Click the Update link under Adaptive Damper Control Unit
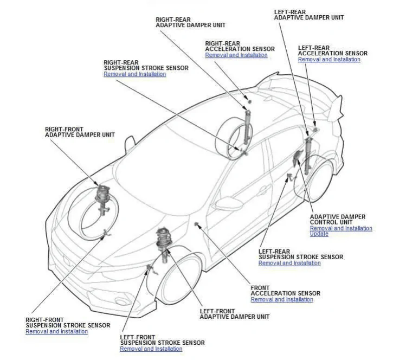click(x=319, y=234)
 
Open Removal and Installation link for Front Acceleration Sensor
click(x=281, y=300)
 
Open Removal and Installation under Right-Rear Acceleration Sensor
click(x=236, y=55)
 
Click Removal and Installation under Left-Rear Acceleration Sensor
click(x=328, y=60)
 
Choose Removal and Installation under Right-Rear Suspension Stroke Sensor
click(x=134, y=74)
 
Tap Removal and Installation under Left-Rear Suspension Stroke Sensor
click(x=289, y=263)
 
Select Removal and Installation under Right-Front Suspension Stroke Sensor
click(x=56, y=332)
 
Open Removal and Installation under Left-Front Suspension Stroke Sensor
click(x=151, y=349)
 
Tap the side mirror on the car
click(x=130, y=143)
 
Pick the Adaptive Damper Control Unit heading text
click(x=337, y=220)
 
